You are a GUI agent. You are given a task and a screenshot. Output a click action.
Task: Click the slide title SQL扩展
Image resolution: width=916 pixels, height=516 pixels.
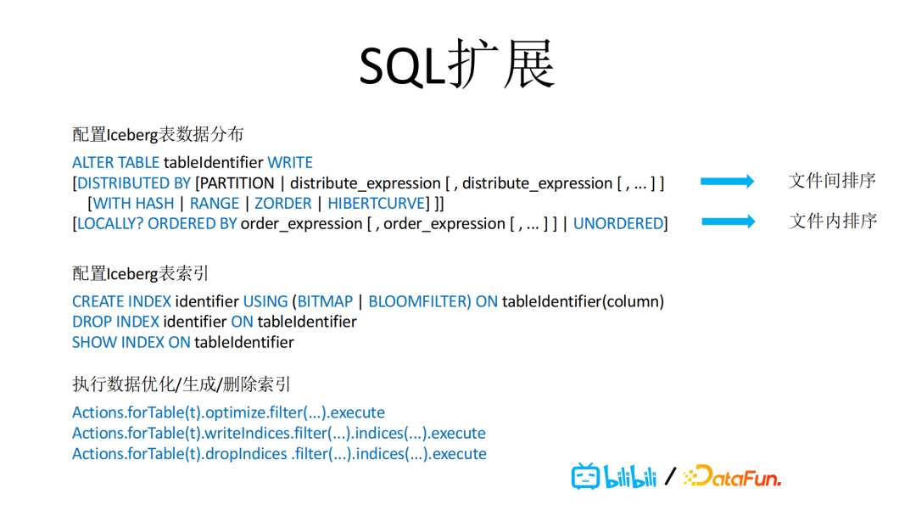(x=457, y=64)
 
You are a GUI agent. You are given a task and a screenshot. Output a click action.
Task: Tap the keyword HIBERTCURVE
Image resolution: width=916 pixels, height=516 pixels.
(x=377, y=204)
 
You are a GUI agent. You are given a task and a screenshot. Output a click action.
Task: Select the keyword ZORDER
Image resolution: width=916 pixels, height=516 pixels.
(x=282, y=204)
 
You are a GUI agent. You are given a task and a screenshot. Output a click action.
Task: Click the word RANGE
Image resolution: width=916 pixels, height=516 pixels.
(x=215, y=204)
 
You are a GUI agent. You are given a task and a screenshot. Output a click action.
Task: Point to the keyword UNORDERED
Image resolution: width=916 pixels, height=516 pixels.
(x=618, y=224)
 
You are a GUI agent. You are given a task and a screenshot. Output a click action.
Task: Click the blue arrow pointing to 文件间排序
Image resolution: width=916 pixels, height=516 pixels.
(x=728, y=181)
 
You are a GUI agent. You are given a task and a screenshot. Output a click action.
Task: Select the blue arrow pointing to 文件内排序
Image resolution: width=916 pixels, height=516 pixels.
(x=729, y=222)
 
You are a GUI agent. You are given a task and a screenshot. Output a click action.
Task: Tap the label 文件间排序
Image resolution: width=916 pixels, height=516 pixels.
(x=832, y=181)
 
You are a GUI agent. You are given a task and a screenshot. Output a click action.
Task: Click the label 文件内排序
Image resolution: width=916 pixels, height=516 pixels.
(x=833, y=221)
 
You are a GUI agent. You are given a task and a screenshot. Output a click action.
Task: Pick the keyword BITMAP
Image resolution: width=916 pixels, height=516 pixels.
(x=326, y=301)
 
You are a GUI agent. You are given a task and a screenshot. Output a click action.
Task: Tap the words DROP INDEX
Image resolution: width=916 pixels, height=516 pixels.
(x=115, y=322)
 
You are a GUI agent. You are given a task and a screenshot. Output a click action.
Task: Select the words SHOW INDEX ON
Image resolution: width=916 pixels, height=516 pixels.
(x=131, y=342)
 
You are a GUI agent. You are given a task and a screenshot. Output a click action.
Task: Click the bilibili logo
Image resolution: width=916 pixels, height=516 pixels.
(x=614, y=476)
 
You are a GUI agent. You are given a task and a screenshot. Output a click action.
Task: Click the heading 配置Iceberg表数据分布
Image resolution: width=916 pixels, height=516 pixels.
(x=158, y=134)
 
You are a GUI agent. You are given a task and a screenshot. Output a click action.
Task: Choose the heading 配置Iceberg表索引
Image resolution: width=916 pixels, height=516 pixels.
(x=140, y=273)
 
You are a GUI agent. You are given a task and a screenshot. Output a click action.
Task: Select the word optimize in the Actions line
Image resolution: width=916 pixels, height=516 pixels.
(x=234, y=413)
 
